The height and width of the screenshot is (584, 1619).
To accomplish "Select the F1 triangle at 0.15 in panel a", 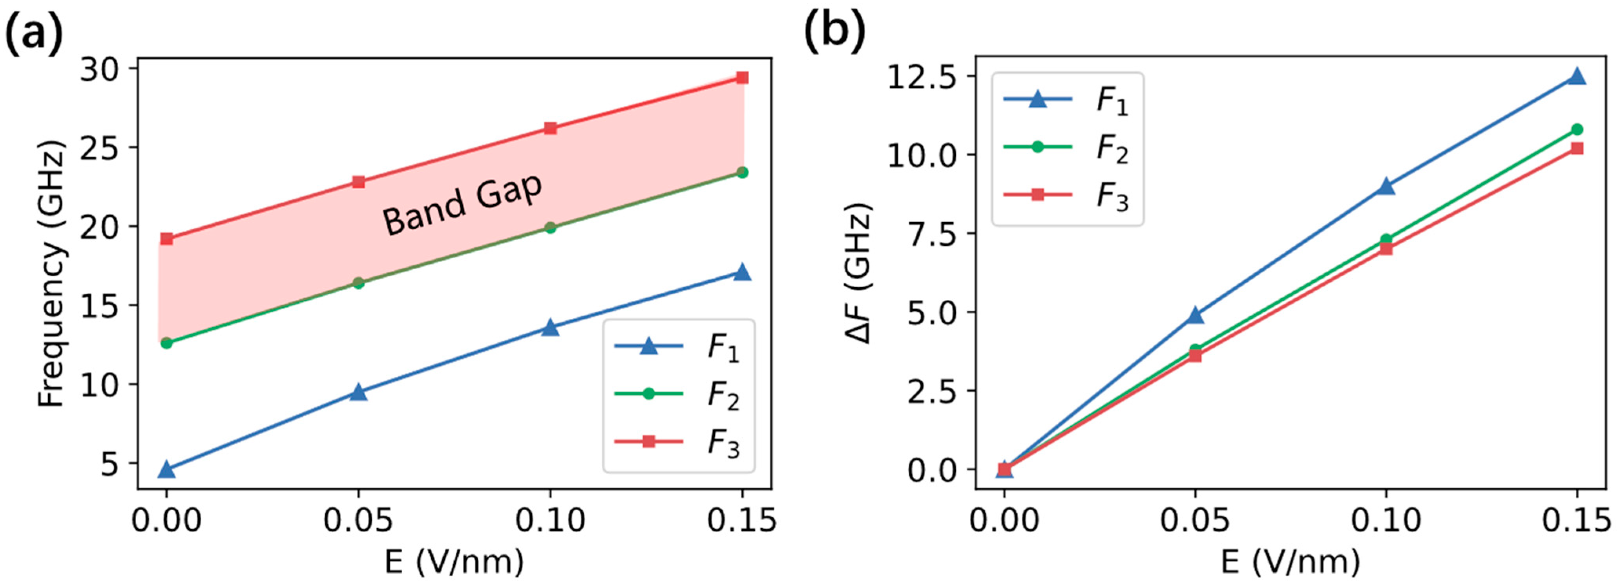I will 742,272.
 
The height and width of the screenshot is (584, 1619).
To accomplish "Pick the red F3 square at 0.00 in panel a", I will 166,239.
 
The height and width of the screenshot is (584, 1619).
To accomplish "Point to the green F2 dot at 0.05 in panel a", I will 358,283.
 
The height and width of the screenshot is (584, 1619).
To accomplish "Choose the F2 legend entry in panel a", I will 679,394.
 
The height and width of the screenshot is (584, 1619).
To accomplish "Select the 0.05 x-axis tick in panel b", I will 1196,520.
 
